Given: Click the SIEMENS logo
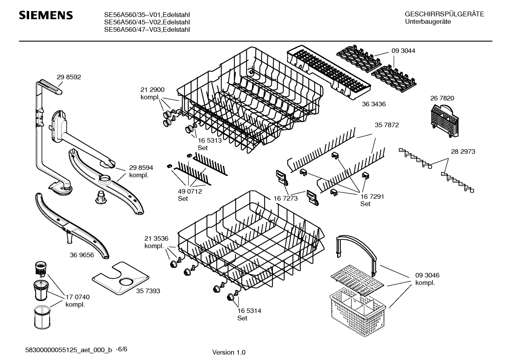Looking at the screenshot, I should (46, 16).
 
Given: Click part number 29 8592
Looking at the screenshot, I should (69, 77).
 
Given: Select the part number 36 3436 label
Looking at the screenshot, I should (374, 104).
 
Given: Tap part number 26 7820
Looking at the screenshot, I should (442, 98).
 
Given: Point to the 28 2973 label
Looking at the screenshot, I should (463, 152).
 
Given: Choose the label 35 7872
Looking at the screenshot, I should (387, 125).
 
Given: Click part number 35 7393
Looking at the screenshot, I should (148, 291).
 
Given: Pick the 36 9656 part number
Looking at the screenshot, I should (82, 255).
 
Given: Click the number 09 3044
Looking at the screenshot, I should (403, 51).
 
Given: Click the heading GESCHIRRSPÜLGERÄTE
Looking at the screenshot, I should (444, 14).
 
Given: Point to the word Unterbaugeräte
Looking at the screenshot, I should (428, 22).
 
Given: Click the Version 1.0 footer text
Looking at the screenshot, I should (228, 352).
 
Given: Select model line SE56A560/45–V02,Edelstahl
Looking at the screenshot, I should (147, 22).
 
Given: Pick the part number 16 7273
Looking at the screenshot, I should (286, 199).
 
